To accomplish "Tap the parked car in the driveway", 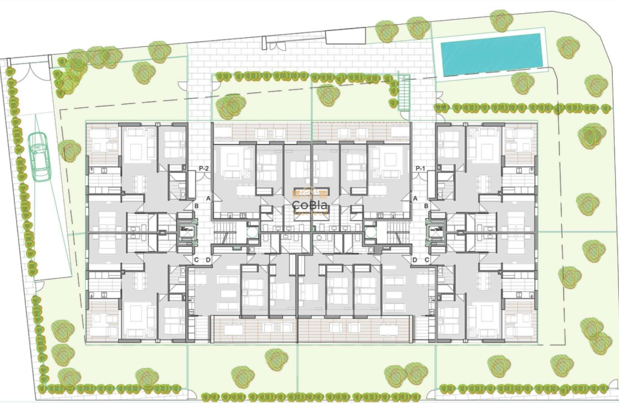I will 40,156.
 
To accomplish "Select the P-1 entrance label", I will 420,168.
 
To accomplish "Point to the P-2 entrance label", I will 204,168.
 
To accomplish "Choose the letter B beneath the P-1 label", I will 426,206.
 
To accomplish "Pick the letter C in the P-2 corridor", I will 196,260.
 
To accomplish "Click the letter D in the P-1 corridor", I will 415,260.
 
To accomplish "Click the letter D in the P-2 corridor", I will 208,260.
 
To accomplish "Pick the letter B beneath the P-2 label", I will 197,206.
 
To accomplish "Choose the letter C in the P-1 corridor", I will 427,260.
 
